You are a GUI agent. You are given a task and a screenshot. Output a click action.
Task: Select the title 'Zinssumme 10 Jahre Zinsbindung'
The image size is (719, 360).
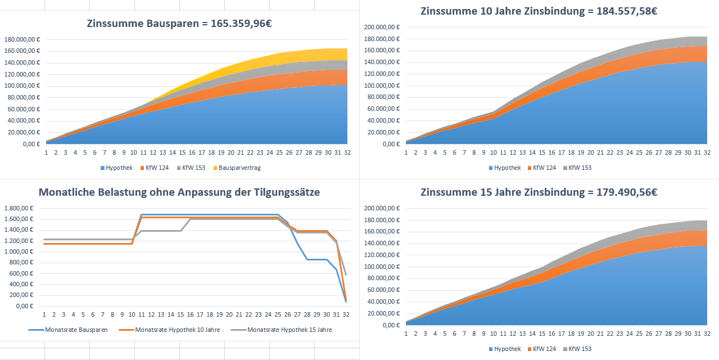(539, 11)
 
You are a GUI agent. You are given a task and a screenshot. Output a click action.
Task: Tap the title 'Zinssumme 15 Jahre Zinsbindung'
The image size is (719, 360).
(539, 192)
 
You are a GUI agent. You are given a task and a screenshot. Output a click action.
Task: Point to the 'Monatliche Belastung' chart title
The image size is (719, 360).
(179, 192)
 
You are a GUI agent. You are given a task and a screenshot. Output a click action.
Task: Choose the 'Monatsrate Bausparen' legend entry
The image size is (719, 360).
(71, 330)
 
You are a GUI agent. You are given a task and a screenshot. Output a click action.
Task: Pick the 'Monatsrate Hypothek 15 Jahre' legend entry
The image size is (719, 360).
(290, 330)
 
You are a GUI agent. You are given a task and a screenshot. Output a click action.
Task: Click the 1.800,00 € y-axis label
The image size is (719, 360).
(19, 208)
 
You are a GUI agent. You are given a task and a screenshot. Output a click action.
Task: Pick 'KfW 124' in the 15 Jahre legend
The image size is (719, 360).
(545, 349)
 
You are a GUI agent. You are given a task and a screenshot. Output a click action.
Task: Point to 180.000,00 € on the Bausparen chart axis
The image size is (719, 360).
(22, 39)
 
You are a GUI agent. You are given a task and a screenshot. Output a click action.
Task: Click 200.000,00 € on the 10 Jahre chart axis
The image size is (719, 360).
(382, 28)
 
